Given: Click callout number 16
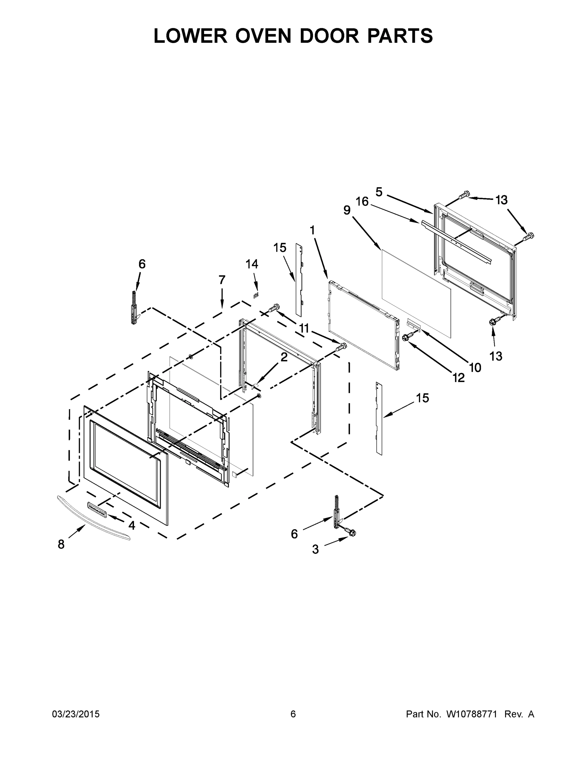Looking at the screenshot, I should [362, 201].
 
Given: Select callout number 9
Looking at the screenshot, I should [347, 210].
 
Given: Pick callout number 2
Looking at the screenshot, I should [284, 357].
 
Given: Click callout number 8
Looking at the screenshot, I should [61, 544].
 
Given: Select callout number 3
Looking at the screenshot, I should [315, 549].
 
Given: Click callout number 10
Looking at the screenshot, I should [475, 367].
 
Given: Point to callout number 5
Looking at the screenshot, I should [379, 192].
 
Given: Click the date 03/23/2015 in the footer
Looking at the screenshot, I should [76, 714].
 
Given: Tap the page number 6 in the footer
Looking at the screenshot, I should [293, 714].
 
